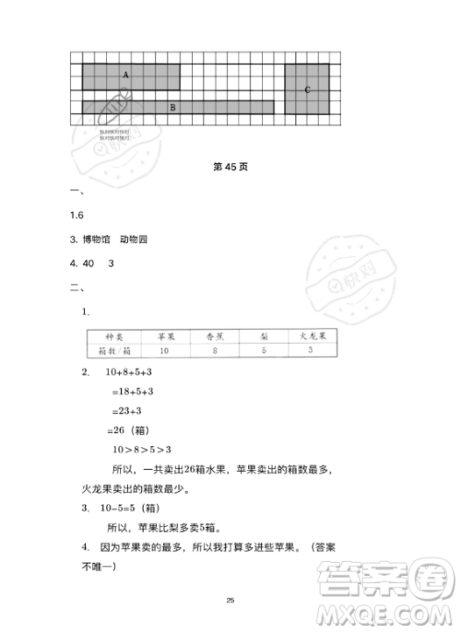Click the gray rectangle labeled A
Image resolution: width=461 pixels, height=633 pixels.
click(130, 75)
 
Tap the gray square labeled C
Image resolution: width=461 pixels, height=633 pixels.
click(307, 88)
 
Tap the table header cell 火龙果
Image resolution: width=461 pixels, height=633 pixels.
click(312, 337)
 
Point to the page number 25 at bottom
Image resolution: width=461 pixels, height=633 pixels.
click(230, 600)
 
